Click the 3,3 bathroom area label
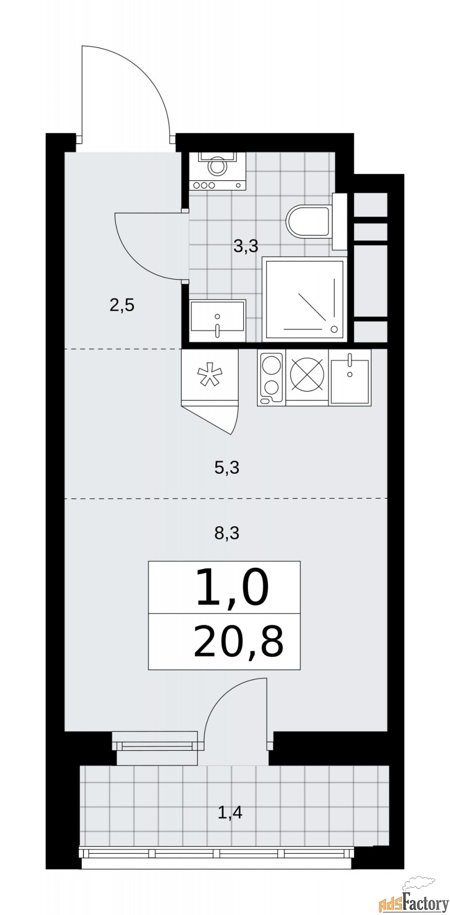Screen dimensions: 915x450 click(x=246, y=246)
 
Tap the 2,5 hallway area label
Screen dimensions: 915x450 click(x=122, y=305)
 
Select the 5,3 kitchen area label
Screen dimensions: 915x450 click(x=226, y=468)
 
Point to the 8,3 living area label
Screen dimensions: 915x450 click(x=226, y=534)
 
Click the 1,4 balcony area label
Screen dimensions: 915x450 click(x=230, y=811)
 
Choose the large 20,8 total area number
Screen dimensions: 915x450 click(x=238, y=643)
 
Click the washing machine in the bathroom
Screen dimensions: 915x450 click(x=217, y=170)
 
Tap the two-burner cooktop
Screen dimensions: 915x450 click(x=271, y=377)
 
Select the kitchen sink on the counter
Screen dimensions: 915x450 click(x=349, y=378)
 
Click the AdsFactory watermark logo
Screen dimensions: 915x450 click(x=413, y=900)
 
